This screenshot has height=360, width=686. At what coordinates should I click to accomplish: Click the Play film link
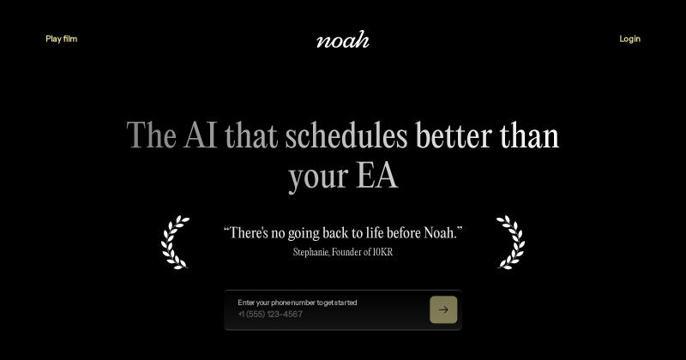[x=61, y=39]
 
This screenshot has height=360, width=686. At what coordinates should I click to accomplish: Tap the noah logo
[x=343, y=39]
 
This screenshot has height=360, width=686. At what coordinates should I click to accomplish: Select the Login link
[x=629, y=39]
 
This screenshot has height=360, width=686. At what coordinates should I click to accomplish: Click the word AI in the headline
[x=201, y=135]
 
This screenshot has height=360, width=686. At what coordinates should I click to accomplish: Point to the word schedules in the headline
[x=346, y=135]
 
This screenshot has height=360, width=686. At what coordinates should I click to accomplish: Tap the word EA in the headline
[x=376, y=176]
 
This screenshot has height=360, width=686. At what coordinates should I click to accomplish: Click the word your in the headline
[x=318, y=177]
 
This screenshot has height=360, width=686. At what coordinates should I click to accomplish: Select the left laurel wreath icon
[x=175, y=242]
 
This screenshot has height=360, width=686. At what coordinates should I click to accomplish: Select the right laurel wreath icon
[x=510, y=242]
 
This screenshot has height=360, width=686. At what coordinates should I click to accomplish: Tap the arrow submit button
[x=443, y=309]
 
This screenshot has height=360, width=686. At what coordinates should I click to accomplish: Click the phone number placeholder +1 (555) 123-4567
[x=270, y=314]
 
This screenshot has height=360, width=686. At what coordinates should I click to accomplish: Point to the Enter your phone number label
[x=298, y=303]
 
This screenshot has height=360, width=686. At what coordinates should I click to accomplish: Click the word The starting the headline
[x=152, y=135]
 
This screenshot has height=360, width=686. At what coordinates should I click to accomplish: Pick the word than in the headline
[x=529, y=135]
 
